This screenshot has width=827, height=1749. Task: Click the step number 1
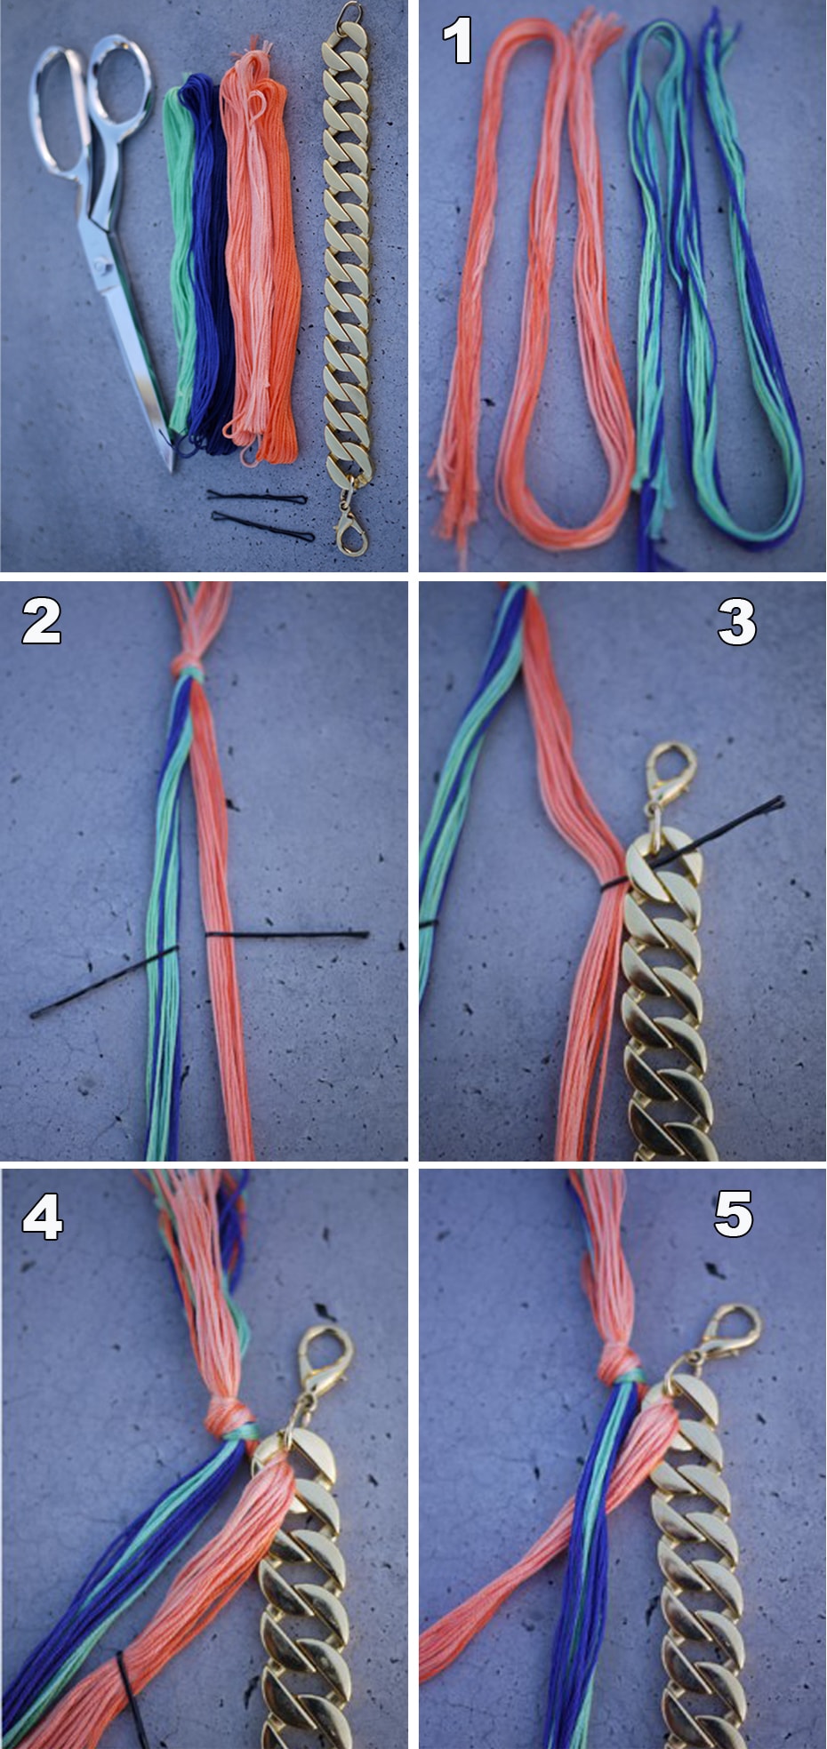tap(458, 41)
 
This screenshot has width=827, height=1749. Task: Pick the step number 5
tap(734, 1214)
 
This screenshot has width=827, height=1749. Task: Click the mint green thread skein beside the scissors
tap(181, 258)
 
